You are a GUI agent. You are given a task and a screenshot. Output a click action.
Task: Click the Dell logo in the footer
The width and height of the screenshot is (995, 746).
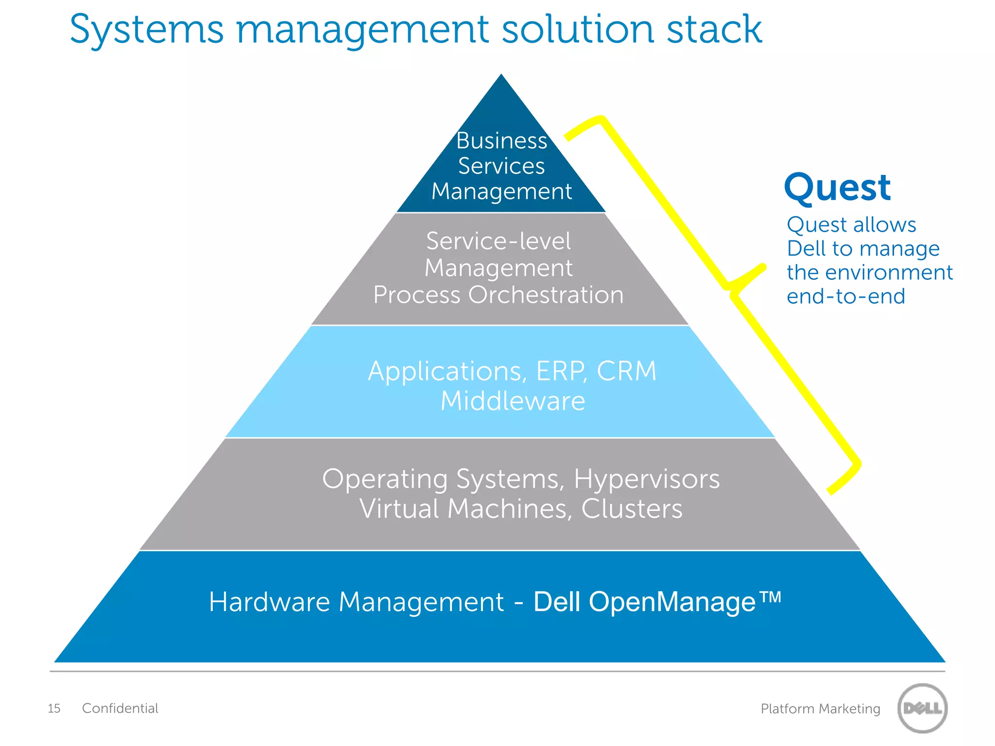[922, 708]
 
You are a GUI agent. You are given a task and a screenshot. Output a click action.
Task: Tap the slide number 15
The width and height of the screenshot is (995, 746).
[54, 709]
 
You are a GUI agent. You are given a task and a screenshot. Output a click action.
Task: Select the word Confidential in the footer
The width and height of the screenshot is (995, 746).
[120, 708]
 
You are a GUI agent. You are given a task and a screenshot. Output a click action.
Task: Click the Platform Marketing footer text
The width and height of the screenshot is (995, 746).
[820, 709]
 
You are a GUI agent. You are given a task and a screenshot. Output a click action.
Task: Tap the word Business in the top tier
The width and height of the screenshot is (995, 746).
[501, 141]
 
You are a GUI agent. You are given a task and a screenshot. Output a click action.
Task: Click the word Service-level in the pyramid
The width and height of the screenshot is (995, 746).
[498, 241]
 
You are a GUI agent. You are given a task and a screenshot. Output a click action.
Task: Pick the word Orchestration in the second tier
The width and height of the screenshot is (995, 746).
[546, 295]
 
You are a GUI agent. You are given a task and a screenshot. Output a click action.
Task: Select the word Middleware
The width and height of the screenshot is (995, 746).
[513, 401]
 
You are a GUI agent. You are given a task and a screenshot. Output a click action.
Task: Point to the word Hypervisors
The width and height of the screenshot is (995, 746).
[647, 479]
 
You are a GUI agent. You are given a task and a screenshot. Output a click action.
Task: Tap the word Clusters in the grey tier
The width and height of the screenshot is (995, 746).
[632, 509]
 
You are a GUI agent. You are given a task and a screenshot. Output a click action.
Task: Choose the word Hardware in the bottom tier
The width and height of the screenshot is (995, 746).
[270, 602]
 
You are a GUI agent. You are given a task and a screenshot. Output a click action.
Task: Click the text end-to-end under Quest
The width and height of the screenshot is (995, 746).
[846, 296]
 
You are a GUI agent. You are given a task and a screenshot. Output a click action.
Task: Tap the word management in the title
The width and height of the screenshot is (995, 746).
[362, 30]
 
